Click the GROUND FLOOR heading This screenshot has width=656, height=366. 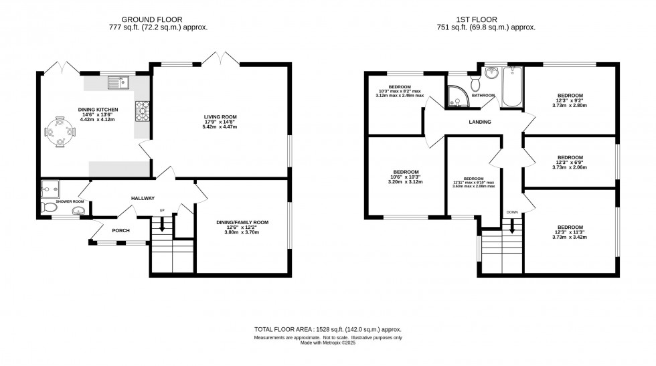click(x=158, y=19)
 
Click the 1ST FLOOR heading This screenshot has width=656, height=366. click(x=485, y=19)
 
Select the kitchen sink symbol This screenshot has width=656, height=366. click(x=118, y=82)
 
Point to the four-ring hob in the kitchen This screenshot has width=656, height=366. click(x=143, y=111)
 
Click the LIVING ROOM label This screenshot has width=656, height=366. click(x=220, y=116)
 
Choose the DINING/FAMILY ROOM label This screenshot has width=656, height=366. click(x=242, y=222)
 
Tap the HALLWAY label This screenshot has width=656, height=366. click(x=143, y=198)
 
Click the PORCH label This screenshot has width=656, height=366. click(x=120, y=230)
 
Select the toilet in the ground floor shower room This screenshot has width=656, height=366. click(x=50, y=209)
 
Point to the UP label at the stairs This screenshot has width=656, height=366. click(x=161, y=211)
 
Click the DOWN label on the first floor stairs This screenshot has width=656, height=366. click(x=512, y=212)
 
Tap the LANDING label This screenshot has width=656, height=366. click(x=480, y=122)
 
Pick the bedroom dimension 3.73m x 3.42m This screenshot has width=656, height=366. click(x=570, y=237)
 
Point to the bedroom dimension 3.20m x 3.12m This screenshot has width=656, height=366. click(x=406, y=181)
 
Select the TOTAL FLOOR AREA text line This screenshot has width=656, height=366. click(x=328, y=330)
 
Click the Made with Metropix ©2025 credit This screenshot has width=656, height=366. click(x=328, y=344)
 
